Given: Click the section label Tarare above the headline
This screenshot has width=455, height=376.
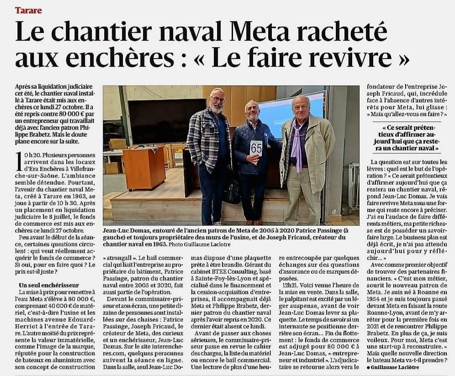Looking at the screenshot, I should coord(28,10).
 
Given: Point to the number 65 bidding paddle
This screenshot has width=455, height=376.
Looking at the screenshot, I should coord(256,148).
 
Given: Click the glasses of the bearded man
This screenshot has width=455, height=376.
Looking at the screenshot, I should coord(217,99).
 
